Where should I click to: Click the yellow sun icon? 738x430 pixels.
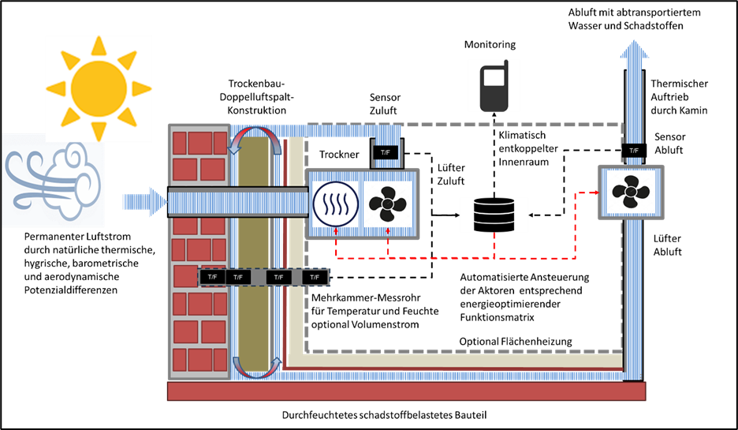(x=99, y=88)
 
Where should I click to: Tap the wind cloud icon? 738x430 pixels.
(x=54, y=180)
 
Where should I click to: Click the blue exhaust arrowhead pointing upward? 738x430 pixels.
(x=634, y=52)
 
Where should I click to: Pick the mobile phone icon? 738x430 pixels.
(x=494, y=85)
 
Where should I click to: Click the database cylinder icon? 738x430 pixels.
(x=494, y=215)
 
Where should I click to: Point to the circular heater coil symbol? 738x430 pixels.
(x=336, y=204)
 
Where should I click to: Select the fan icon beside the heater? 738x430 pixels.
(x=387, y=204)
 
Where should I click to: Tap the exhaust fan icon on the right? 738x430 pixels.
(x=631, y=192)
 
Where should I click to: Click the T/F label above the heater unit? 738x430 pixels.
(x=386, y=151)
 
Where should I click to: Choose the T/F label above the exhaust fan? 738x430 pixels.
(x=634, y=150)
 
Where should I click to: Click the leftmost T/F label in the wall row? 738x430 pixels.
(x=212, y=277)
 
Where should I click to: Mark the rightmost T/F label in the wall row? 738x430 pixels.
(x=315, y=277)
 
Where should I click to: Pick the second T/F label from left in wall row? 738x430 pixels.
(x=238, y=277)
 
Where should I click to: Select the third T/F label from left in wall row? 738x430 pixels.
(x=278, y=277)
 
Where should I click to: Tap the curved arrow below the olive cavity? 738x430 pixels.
(x=255, y=368)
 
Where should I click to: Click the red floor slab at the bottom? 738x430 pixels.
(x=406, y=391)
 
